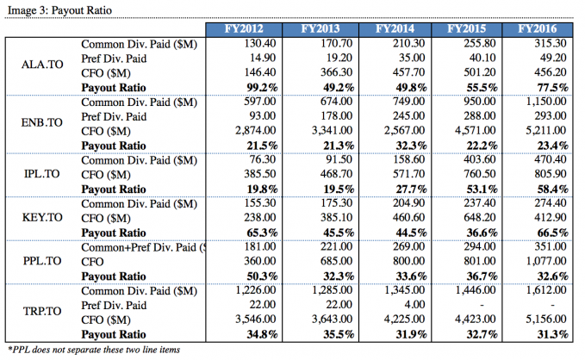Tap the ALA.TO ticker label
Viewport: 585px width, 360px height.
click(x=40, y=65)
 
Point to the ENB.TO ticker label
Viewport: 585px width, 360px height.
click(x=40, y=123)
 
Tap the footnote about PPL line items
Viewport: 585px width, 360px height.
click(x=101, y=350)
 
